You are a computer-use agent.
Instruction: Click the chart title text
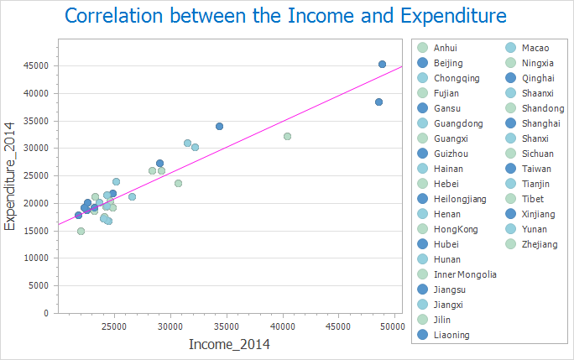285,16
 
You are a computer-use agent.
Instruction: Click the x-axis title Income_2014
229,344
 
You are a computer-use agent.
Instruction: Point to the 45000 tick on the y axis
35,65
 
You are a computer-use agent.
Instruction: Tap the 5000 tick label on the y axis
38,285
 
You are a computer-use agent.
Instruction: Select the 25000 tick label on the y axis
35,175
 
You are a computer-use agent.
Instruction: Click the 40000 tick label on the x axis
283,325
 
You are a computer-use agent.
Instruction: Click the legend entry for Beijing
449,63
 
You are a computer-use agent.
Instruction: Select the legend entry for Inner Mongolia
465,274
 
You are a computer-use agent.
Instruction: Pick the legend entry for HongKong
457,229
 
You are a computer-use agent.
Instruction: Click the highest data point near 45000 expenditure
382,64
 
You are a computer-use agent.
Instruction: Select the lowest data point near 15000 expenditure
81,231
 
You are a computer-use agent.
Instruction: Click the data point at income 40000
287,136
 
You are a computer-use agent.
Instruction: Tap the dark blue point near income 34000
219,126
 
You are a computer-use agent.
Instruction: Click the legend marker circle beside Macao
510,48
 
